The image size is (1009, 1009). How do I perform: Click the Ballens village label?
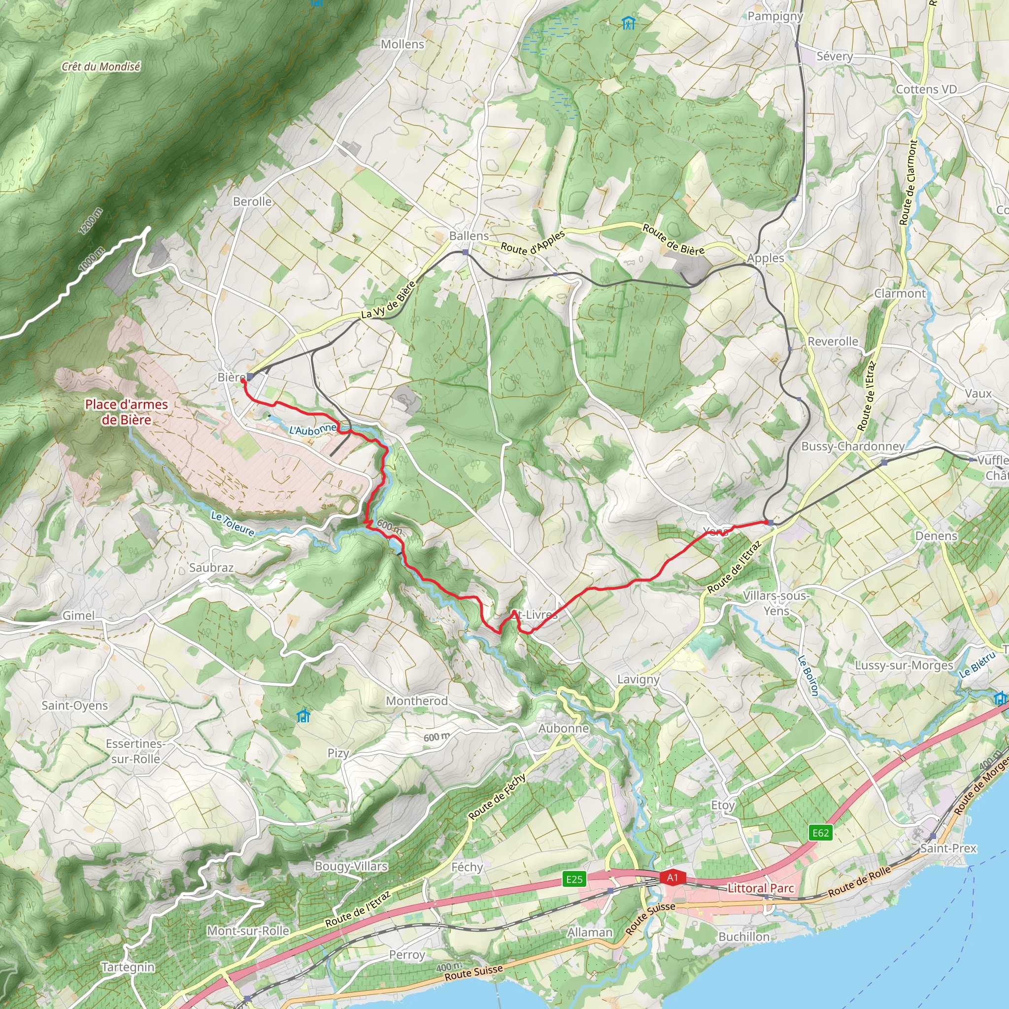469,236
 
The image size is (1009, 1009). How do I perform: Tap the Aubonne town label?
564,728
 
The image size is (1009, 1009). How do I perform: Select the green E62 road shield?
820,833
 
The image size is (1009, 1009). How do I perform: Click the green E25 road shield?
574,879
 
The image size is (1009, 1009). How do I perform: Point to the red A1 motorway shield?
672,877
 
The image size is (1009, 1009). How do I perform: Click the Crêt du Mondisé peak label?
101,67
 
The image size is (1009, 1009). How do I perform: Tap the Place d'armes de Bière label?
127,412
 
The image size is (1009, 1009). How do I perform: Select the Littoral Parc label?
760,888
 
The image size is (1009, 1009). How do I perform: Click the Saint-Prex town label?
948,848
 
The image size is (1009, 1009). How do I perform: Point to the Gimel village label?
79,616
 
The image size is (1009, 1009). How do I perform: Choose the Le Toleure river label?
233,523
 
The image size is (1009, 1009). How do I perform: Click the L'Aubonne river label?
313,430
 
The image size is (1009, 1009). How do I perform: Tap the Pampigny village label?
775,16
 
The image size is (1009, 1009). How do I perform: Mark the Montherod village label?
417,701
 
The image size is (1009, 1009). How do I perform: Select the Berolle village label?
252,202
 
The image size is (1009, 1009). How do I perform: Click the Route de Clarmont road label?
908,182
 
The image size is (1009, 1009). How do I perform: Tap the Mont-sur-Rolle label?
248,931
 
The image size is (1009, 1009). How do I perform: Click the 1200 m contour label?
91,221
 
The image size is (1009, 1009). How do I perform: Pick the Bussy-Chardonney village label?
852,446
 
